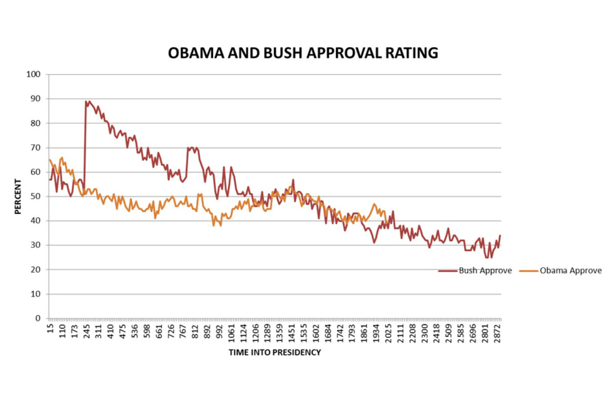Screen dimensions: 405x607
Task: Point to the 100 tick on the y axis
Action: tap(33, 74)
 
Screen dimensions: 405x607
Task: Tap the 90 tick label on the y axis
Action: tap(35, 99)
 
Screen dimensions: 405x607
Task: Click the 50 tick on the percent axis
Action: tap(35, 196)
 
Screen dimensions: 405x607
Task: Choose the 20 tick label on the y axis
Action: tap(35, 270)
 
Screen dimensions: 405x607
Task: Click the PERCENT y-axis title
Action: tap(18, 196)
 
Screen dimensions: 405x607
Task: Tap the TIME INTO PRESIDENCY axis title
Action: tap(275, 352)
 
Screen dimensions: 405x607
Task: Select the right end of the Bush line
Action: tap(500, 235)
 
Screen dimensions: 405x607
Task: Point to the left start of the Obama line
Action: tap(50, 160)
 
